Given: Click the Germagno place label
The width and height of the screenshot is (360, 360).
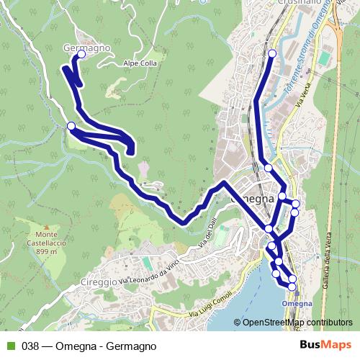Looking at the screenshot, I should tap(86, 47).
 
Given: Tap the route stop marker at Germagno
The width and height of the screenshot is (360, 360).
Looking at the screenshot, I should tap(81, 54).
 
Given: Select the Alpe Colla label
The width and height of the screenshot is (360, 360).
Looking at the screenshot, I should tap(140, 62).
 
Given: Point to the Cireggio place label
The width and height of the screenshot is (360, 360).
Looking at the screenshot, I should tap(99, 282).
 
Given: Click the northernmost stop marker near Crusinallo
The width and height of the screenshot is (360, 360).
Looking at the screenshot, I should tap(272, 54).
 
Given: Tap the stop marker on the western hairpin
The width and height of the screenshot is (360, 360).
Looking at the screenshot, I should tap(71, 127).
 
